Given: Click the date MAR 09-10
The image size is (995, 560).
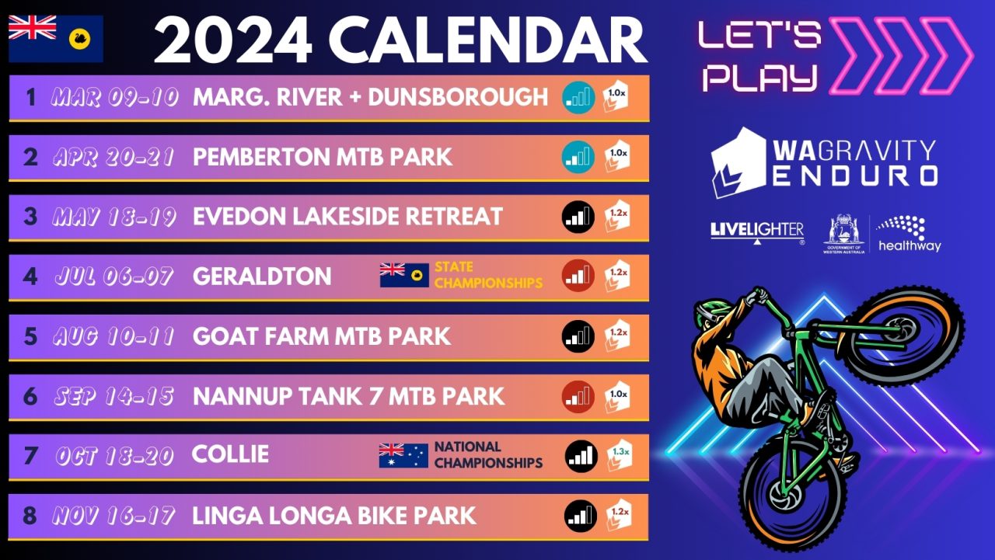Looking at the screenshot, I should coord(115,97).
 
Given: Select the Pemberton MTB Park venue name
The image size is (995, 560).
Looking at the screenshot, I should coord(323,157).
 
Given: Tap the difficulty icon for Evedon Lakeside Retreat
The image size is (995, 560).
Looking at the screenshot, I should coord(578,217).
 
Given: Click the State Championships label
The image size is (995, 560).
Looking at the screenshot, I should coord(488,276).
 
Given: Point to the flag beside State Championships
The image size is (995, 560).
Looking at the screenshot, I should coord(404,275).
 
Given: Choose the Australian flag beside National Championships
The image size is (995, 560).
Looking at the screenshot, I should coord(403,455).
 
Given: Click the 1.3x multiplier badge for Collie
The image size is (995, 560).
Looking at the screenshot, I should coord(619,455).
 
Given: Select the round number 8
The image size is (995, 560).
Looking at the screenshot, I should coord(30,516).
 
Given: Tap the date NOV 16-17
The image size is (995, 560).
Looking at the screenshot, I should coord(113,516).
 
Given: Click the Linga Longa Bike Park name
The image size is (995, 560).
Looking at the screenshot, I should coord(334,516).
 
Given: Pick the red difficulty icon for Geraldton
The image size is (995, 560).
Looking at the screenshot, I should coord(578,276).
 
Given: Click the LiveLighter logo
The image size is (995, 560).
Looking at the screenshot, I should coord(756,231).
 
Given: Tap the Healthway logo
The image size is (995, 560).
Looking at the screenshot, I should coord(909,233).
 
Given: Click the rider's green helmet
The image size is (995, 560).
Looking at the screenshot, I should coord(709,310).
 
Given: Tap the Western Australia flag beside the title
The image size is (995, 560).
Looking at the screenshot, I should coord(56,38).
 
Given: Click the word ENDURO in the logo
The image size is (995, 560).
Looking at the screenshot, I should coord(853,176).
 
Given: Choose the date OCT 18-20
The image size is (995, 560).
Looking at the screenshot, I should coord(113,456).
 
